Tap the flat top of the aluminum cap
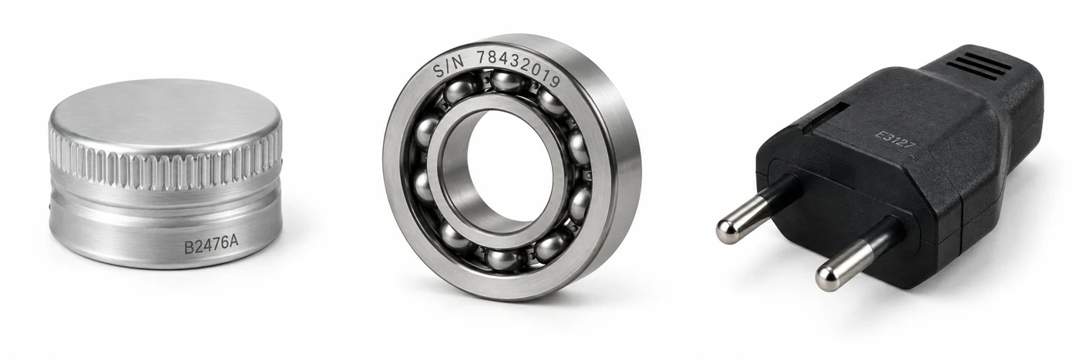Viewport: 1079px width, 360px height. tap(165, 114)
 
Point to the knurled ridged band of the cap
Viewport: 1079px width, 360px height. tap(165, 167)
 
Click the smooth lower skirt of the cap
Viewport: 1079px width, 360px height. tap(165, 236)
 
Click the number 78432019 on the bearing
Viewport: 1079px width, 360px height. tap(519, 68)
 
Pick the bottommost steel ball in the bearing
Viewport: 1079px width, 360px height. tap(505, 259)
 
